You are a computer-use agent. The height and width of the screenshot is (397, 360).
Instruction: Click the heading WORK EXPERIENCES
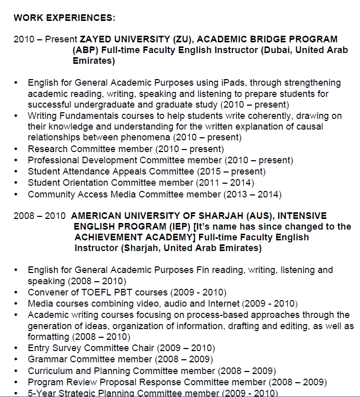[64, 18]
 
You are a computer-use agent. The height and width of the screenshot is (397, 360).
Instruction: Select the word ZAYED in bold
[95, 39]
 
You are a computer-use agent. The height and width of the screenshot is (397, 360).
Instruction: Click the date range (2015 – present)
[231, 171]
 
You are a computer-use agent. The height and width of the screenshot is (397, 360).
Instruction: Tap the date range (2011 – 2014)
[225, 183]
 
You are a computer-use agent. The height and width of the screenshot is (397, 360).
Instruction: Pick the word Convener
[47, 292]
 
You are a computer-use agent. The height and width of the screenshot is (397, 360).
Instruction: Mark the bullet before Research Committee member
[17, 149]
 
